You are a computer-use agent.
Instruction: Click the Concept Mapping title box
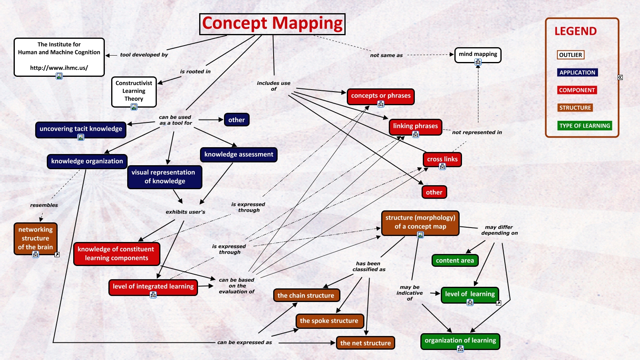[272, 24]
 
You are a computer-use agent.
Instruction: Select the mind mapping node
[478, 54]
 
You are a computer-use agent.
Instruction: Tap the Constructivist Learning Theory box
[134, 91]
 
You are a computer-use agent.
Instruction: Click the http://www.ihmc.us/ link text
[59, 68]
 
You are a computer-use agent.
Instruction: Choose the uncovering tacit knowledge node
[81, 129]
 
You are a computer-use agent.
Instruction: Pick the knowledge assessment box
[239, 154]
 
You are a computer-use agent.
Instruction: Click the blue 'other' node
[236, 120]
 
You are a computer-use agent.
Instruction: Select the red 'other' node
[434, 192]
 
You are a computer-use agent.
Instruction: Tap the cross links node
[442, 159]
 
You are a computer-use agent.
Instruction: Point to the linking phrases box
[415, 126]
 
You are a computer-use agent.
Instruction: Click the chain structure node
[306, 296]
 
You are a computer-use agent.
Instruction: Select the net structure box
[366, 343]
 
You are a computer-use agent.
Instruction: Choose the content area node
[455, 260]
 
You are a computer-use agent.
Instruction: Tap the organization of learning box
[460, 340]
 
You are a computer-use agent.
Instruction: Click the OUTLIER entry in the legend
[570, 55]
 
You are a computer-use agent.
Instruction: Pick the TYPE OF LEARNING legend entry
[584, 126]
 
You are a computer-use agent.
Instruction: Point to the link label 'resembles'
[44, 205]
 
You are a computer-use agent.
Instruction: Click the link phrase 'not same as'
[386, 55]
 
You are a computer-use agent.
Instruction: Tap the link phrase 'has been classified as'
[369, 266]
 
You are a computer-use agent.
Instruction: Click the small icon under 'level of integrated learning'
[153, 295]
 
